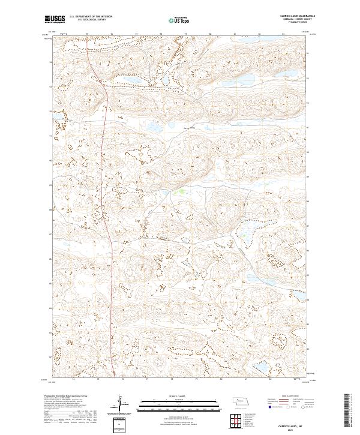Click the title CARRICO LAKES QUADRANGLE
(x=298, y=16)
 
